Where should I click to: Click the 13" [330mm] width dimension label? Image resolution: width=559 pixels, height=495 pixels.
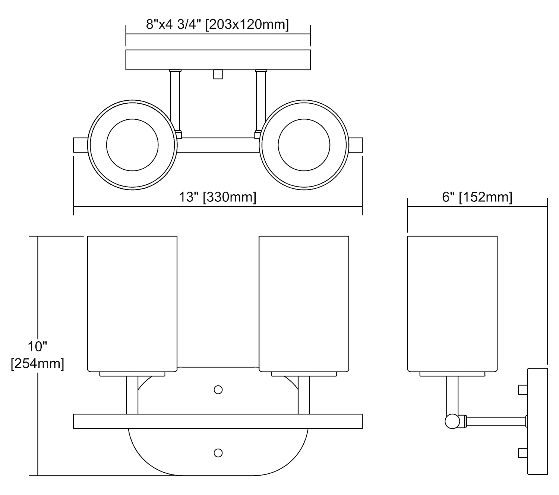(x=218, y=197)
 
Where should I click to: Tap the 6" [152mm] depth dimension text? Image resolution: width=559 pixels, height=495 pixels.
(x=477, y=197)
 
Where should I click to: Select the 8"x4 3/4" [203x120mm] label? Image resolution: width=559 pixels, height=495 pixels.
(x=217, y=25)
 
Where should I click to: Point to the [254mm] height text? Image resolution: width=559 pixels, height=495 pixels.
(x=37, y=363)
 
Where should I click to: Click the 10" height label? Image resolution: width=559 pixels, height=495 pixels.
(x=37, y=347)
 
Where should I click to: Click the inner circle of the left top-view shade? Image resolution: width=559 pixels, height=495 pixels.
(x=132, y=145)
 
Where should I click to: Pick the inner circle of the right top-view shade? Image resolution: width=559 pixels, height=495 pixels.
(x=304, y=145)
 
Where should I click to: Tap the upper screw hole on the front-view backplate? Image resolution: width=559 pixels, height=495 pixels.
(x=218, y=390)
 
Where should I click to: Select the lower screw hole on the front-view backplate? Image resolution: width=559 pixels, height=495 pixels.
(x=218, y=453)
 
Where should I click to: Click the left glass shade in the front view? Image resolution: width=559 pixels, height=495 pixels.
(x=132, y=304)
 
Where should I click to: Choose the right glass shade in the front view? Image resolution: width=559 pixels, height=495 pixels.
(x=304, y=304)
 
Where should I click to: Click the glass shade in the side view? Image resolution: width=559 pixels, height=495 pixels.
(x=452, y=304)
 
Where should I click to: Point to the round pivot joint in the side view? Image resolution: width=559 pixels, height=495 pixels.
(x=452, y=421)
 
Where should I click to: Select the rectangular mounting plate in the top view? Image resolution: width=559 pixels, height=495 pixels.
(x=218, y=60)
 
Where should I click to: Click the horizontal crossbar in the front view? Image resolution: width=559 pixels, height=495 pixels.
(x=218, y=421)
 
